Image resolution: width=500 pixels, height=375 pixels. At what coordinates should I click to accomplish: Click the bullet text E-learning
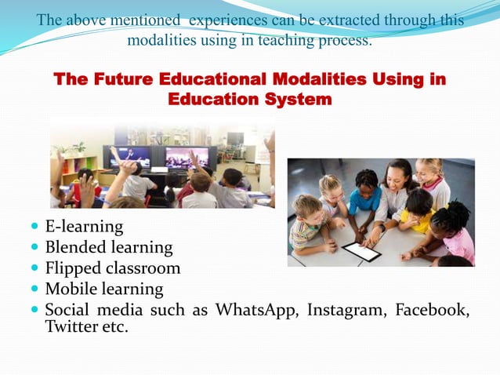(84, 227)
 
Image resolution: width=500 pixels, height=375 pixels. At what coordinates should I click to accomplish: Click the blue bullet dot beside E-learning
(34, 228)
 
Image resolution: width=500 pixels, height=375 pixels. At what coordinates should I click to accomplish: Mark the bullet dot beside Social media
(34, 310)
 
